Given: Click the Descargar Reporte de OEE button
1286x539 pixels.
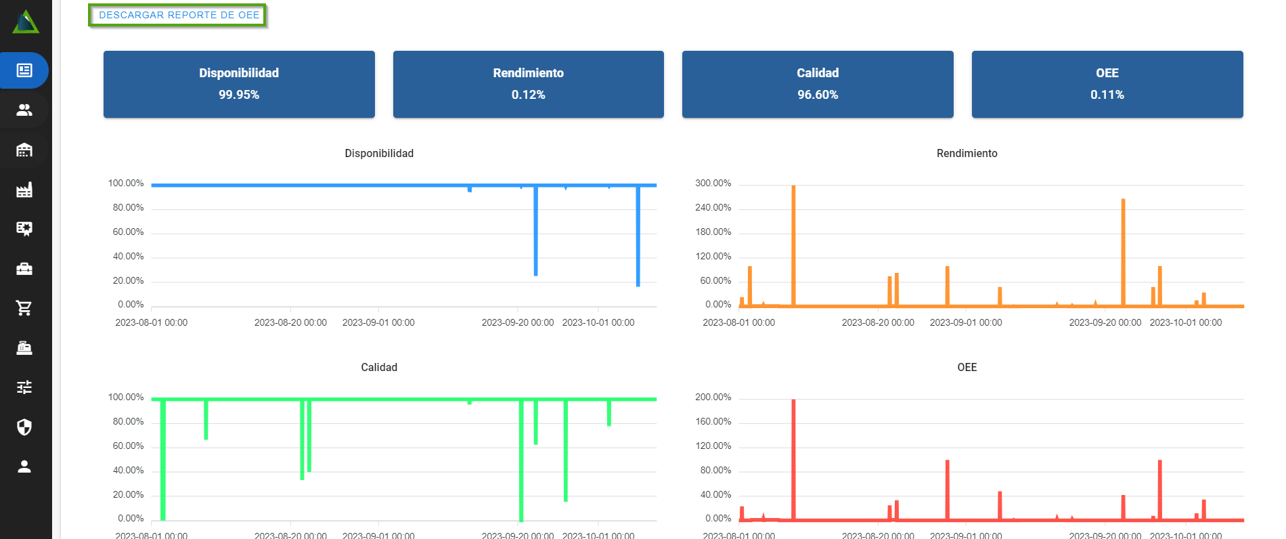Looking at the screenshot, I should tap(179, 15).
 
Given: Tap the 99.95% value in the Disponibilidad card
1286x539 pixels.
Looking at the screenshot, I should tap(239, 95).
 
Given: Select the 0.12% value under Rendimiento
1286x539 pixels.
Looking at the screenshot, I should tap(528, 95).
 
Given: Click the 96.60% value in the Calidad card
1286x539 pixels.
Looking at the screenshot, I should tap(818, 95).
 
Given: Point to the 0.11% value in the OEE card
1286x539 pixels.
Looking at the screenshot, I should tap(1107, 95).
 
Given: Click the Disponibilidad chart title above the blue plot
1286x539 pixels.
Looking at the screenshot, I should tap(379, 154).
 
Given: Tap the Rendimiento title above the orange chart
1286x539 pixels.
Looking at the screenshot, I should tap(967, 154).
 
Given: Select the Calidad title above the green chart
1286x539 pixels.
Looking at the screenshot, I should tap(379, 368).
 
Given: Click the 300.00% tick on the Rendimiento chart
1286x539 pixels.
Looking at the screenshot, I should tap(713, 184).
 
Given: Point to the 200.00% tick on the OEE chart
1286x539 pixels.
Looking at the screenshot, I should tap(713, 397).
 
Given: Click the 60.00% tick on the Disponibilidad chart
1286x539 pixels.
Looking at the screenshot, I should tap(128, 232).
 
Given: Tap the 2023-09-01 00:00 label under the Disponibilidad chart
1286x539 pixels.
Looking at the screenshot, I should tap(378, 322).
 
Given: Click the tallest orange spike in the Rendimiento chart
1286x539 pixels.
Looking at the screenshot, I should tap(793, 244).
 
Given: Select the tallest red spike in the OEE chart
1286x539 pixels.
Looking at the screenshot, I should tap(793, 460).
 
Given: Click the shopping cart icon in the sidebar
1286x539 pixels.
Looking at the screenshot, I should tap(24, 308).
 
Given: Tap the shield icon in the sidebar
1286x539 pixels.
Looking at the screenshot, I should tap(24, 427).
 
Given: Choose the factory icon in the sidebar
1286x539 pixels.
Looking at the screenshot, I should tap(24, 190).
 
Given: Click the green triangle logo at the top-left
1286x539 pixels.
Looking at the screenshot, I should tap(26, 22).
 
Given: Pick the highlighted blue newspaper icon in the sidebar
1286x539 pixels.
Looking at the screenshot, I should tap(24, 70).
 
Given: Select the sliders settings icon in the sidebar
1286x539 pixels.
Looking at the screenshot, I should tap(24, 387).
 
